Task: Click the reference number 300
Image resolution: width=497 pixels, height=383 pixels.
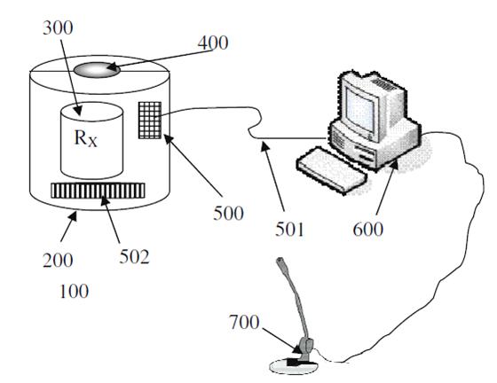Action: click(58, 27)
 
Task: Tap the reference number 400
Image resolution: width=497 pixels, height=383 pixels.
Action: click(213, 43)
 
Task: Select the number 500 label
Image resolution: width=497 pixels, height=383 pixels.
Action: click(228, 213)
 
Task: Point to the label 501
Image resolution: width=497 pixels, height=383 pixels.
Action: click(289, 229)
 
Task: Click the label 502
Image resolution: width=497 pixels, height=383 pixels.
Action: click(134, 257)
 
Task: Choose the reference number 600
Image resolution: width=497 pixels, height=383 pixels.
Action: click(367, 229)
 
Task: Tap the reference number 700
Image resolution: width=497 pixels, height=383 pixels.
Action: click(244, 322)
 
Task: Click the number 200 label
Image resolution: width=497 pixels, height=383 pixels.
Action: click(58, 261)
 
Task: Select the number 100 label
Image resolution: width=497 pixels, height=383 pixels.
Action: click(74, 291)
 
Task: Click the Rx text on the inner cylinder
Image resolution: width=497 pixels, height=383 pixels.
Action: click(85, 138)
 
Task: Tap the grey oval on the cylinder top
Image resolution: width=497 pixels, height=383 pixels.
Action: click(97, 70)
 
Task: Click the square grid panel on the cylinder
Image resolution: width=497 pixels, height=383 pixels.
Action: click(150, 121)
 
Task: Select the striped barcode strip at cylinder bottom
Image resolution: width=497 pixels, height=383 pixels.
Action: click(98, 191)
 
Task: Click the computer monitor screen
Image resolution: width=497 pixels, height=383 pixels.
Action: click(360, 111)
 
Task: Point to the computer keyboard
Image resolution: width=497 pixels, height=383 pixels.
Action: click(332, 169)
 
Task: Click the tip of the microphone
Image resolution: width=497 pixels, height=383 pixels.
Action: click(280, 262)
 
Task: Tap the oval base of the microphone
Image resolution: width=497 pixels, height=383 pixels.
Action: click(293, 366)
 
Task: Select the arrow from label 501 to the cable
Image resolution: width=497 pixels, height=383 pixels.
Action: click(272, 176)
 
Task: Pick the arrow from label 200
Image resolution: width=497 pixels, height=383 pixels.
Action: click(68, 227)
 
